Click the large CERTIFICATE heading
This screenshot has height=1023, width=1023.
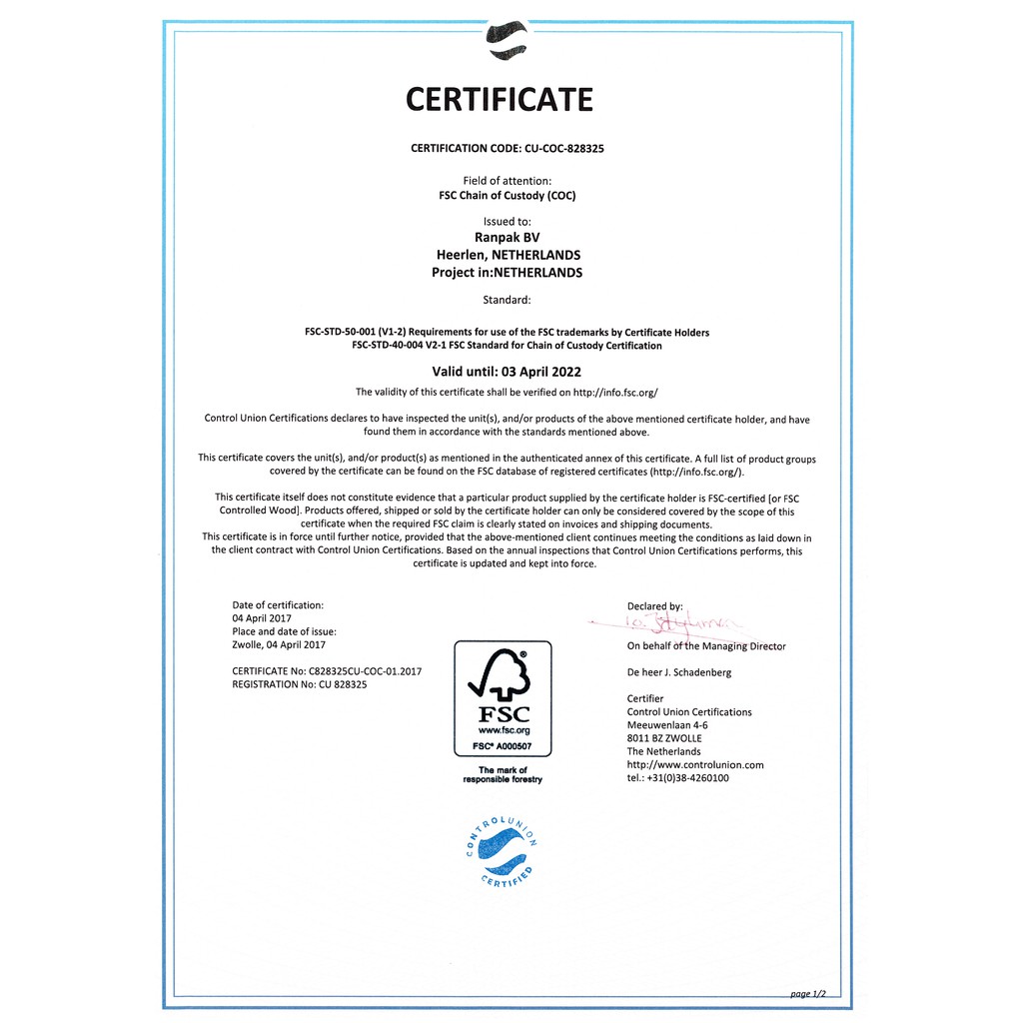pos(500,100)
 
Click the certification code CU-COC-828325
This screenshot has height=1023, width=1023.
pos(563,148)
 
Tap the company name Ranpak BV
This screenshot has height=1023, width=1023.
pos(507,238)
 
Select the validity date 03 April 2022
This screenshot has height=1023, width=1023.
pos(547,372)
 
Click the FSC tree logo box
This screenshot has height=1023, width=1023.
pos(503,698)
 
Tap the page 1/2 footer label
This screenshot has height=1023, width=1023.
pos(808,993)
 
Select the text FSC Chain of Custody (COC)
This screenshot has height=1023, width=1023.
pos(508,196)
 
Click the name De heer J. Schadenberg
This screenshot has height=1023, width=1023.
pos(679,672)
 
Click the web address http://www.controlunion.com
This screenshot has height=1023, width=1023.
pos(695,764)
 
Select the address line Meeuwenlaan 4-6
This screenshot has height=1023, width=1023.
pos(667,724)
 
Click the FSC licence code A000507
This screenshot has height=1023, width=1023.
pos(512,746)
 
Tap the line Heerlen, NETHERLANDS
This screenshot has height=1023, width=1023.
pos(508,255)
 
